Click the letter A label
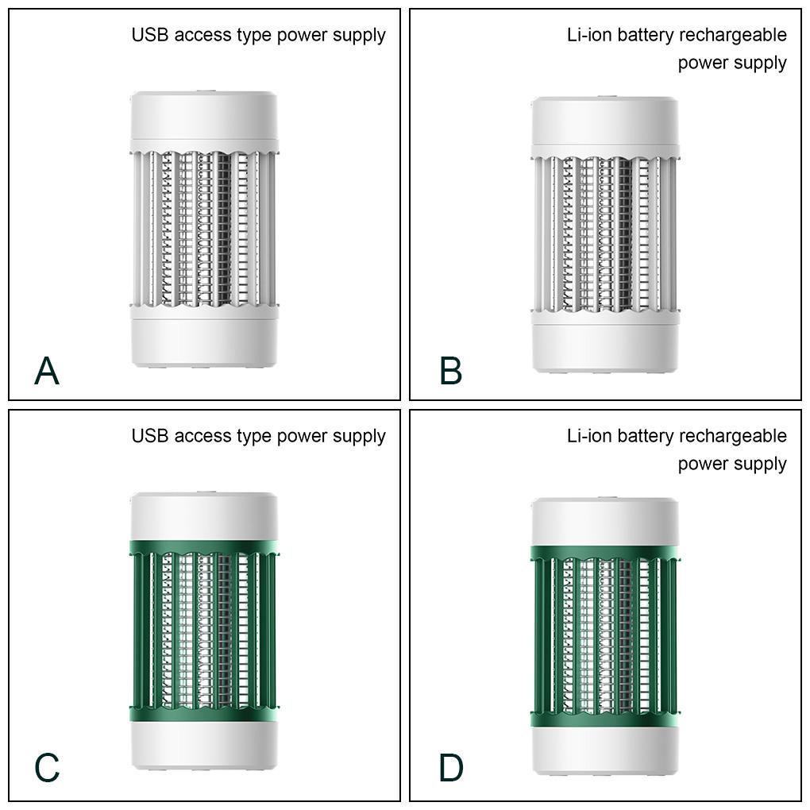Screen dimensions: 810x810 [47, 370]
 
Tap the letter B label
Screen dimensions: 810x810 [450, 370]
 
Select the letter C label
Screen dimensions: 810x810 [47, 768]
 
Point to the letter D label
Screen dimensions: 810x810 [451, 768]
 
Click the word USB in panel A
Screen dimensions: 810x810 [150, 35]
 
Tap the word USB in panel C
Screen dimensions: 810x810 [150, 436]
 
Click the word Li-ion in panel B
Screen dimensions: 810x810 [589, 35]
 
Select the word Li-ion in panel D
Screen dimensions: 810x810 [589, 436]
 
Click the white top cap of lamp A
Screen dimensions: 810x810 [204, 117]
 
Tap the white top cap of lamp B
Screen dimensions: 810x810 [605, 122]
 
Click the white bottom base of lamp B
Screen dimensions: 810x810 [605, 347]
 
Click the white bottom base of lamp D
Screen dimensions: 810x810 [605, 750]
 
